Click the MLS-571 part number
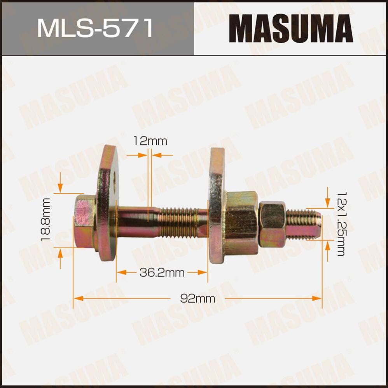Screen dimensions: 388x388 (x=95, y=28)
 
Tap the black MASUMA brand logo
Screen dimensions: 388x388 (x=290, y=29)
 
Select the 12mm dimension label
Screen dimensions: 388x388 (x=150, y=141)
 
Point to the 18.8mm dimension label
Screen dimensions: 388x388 (x=46, y=220)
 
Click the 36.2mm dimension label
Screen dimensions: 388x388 (x=162, y=273)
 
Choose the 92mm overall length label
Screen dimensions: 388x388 (x=197, y=298)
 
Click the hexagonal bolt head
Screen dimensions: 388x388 (x=84, y=221)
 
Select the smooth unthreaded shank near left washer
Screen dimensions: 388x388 (x=134, y=222)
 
